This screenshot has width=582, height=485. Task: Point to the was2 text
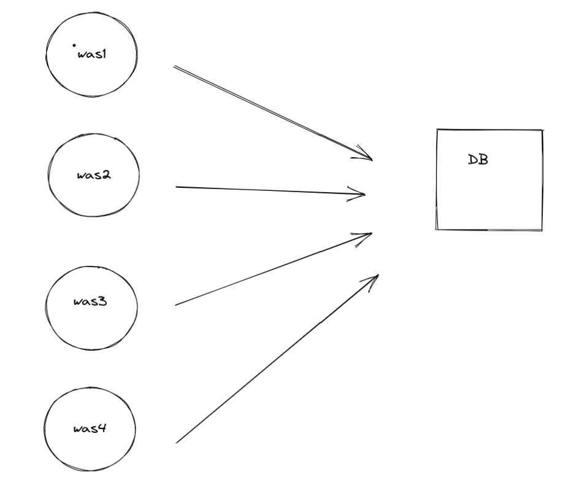tap(94, 175)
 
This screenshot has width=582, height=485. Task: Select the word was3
tap(90, 301)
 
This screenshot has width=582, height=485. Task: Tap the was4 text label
tap(90, 429)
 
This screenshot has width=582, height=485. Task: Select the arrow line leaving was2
tap(270, 191)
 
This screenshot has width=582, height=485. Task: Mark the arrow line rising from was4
tap(276, 359)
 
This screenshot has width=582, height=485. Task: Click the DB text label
tap(478, 160)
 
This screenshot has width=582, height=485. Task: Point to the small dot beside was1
tap(74, 45)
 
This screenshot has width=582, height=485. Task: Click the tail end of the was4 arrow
tap(177, 441)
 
